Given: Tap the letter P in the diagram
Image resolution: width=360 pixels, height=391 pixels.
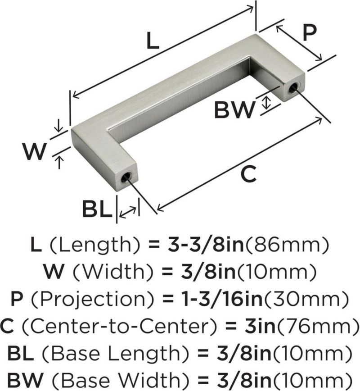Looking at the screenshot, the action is click(310, 33).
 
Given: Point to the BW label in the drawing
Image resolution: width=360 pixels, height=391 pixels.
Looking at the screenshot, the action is click(235, 110).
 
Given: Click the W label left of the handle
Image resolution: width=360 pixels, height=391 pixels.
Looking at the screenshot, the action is click(34, 151).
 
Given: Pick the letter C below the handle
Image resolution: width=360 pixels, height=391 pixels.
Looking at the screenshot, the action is click(249, 173).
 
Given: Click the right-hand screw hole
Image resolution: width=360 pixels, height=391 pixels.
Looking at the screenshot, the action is click(294, 88).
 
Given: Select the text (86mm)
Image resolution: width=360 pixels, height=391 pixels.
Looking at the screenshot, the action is click(287, 245).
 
